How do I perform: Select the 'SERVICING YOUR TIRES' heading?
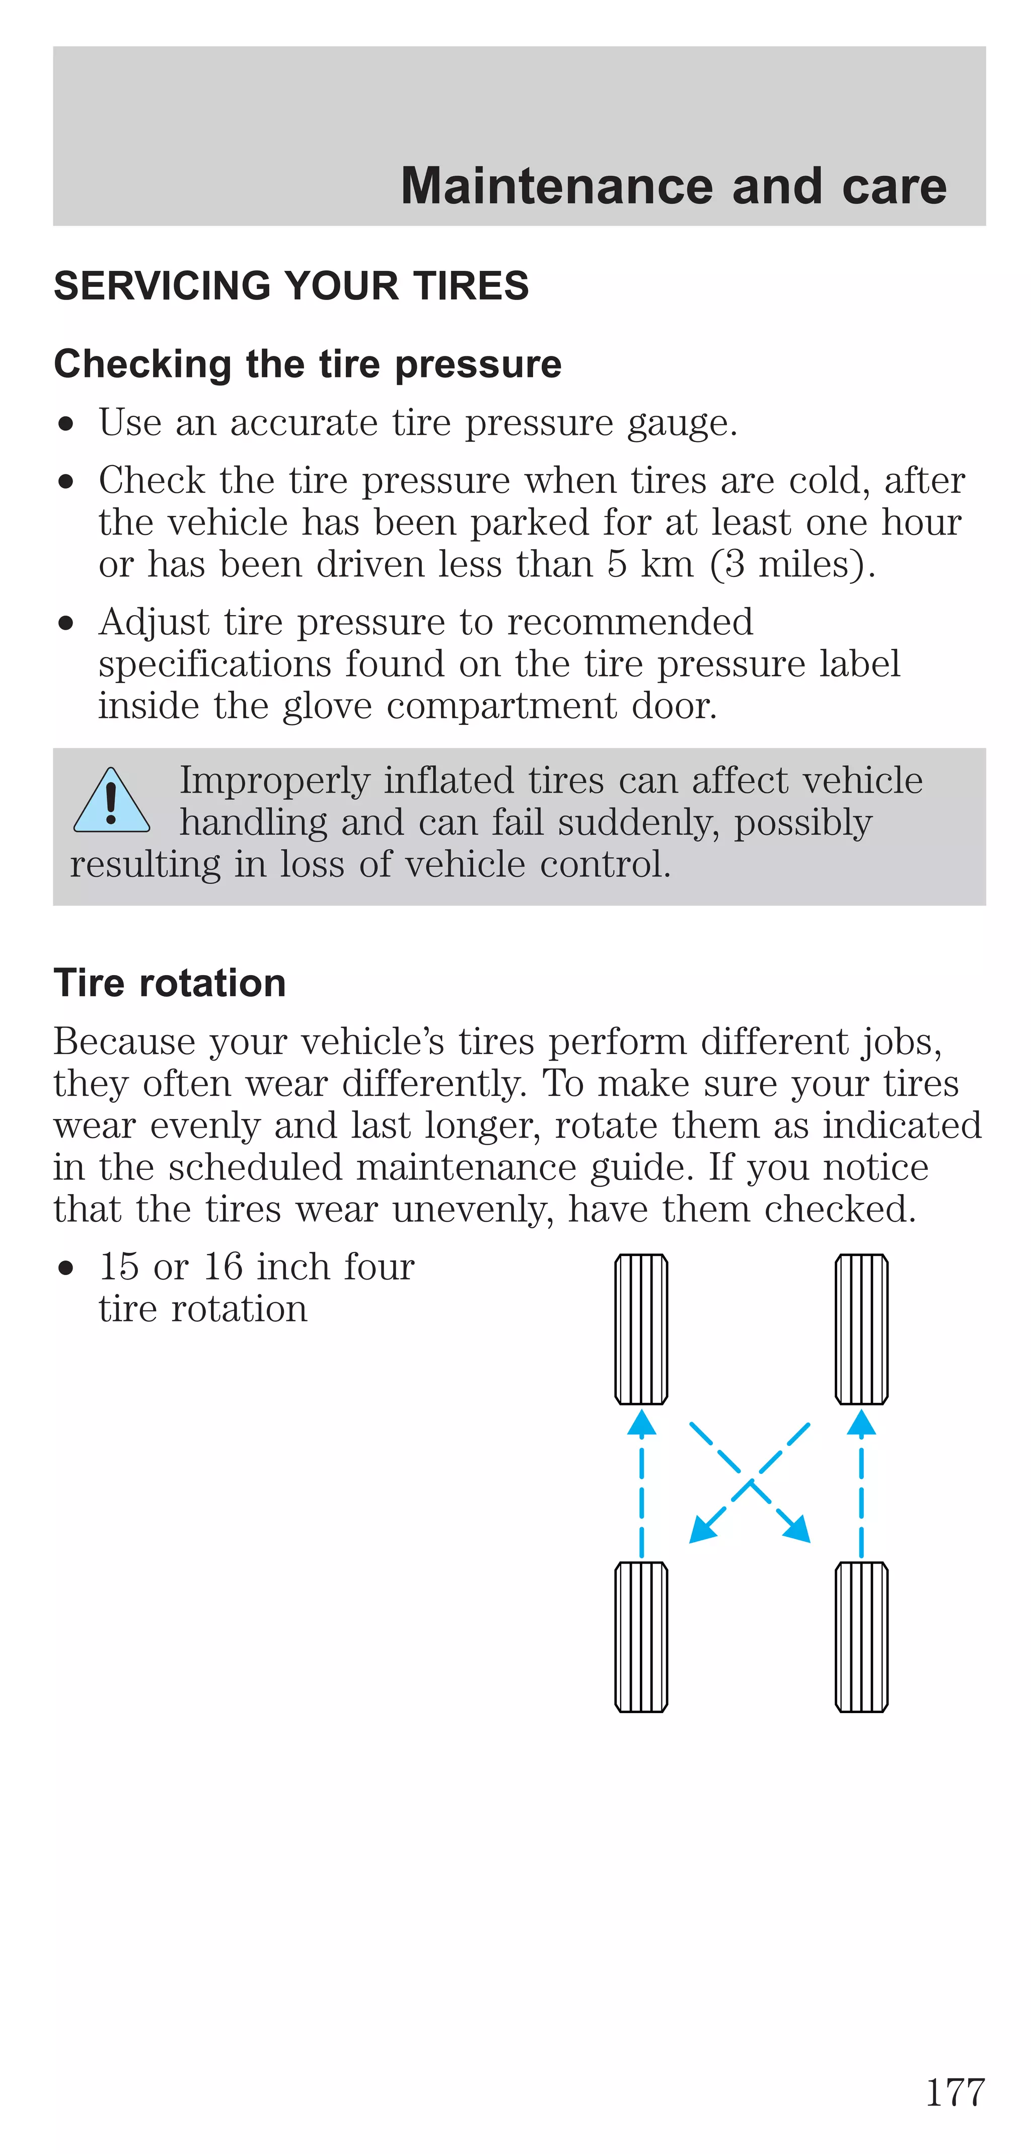(291, 286)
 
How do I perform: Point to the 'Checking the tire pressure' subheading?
(308, 364)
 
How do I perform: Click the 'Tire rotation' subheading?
(170, 983)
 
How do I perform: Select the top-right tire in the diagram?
(861, 1328)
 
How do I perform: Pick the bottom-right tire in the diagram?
(861, 1637)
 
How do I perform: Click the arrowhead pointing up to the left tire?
(641, 1423)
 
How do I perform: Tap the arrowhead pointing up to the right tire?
(861, 1423)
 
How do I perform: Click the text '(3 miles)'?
(792, 564)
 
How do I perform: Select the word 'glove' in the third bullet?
(327, 707)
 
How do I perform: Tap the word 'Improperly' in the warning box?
(274, 780)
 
